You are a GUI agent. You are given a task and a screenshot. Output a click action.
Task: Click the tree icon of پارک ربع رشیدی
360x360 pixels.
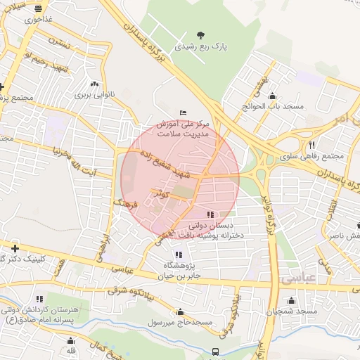point(202,34)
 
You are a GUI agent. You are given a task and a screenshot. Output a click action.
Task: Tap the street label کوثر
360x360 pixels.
point(163,193)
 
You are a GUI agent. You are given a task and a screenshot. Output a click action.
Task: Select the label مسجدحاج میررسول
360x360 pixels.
point(180,322)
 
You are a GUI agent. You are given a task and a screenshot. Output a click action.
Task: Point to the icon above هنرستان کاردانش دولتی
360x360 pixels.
point(39,299)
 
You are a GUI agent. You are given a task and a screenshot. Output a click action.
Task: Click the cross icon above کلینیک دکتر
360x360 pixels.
point(15,248)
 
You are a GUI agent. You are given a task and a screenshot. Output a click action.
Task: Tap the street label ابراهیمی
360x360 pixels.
point(103,243)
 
